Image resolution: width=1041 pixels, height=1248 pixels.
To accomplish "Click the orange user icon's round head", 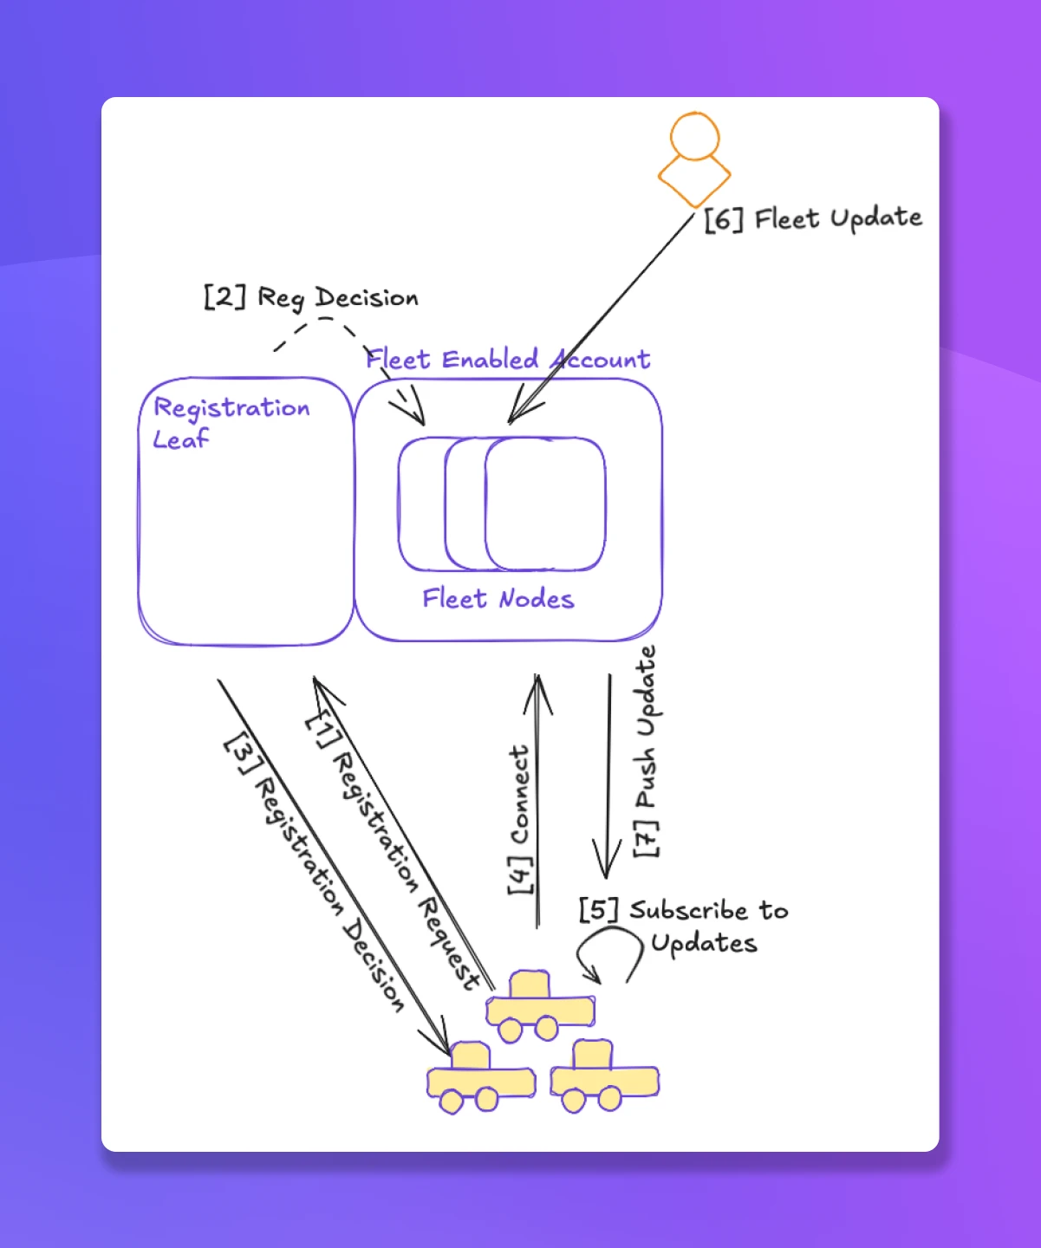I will pyautogui.click(x=694, y=136).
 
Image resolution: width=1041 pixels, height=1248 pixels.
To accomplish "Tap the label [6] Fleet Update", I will pyautogui.click(x=812, y=218).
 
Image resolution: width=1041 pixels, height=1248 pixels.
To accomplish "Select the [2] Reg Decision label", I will pyautogui.click(x=311, y=297).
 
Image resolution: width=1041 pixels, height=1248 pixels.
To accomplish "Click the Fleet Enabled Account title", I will pyautogui.click(x=508, y=359).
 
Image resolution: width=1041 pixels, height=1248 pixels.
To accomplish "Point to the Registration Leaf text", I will pyautogui.click(x=231, y=422).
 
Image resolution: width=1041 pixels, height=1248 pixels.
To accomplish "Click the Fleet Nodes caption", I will pyautogui.click(x=498, y=599).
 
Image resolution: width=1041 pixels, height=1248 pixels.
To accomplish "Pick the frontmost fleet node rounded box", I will pyautogui.click(x=546, y=504).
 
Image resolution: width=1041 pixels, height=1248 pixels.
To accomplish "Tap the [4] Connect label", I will pyautogui.click(x=519, y=819).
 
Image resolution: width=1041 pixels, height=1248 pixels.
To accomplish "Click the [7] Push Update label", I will pyautogui.click(x=647, y=751).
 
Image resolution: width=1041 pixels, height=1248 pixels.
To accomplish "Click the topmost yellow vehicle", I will pyautogui.click(x=539, y=1006).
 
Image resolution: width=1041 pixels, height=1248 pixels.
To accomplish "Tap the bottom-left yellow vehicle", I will pyautogui.click(x=479, y=1078).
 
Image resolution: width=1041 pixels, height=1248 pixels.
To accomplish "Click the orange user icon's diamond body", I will pyautogui.click(x=694, y=179).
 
